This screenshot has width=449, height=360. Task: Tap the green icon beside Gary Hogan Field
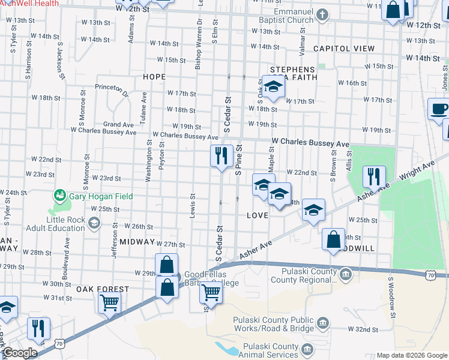pos(59,195)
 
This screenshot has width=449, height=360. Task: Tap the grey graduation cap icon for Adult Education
pos(94,224)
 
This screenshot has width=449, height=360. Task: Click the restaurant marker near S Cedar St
pos(221,156)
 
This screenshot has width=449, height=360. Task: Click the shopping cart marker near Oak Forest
pos(109,302)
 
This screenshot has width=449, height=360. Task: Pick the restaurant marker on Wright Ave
pos(373,177)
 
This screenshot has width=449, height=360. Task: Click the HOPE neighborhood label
pos(154,77)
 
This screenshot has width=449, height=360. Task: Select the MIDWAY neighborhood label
pos(137,241)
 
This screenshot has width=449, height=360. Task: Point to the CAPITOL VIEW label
pos(343,49)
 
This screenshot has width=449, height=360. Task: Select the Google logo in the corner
pos(20,353)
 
